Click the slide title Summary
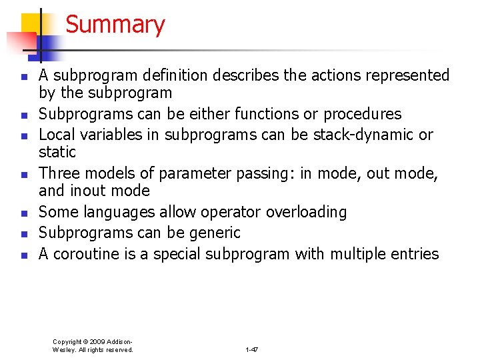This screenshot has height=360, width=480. (x=115, y=25)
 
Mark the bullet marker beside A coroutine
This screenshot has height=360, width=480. (x=23, y=255)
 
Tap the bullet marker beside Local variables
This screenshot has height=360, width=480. (x=23, y=136)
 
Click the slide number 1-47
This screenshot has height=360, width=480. (x=251, y=349)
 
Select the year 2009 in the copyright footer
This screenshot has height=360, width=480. (x=98, y=341)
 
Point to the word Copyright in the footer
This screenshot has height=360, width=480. (x=67, y=341)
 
